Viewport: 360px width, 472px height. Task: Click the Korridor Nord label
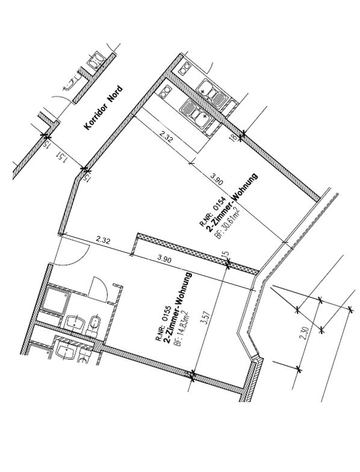104,107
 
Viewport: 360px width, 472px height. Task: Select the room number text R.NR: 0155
163,323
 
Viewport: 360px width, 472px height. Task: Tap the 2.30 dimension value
305,333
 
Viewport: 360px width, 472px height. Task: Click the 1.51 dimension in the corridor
61,157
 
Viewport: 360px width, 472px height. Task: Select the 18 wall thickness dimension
232,137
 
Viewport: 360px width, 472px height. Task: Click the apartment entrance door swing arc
79,259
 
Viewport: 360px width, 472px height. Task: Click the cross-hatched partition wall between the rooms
197,253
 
